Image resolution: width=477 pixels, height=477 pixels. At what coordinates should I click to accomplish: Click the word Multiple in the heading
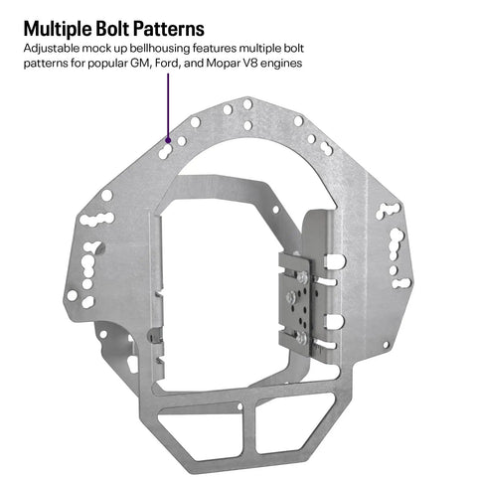click(x=58, y=29)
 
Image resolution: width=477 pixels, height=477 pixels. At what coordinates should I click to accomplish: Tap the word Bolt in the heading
click(x=112, y=28)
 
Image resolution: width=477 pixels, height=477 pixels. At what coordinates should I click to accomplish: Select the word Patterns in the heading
click(x=168, y=29)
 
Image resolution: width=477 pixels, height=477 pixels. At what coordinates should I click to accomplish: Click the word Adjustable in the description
click(x=52, y=49)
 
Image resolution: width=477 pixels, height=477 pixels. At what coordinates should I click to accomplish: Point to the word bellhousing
click(x=160, y=49)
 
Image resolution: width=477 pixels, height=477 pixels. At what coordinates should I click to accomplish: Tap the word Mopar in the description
click(x=221, y=64)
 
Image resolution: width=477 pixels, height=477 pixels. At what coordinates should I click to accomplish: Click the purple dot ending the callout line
click(x=168, y=140)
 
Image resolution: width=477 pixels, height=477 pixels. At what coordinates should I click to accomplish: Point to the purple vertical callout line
click(x=168, y=105)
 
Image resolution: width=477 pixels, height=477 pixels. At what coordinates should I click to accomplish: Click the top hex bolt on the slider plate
click(x=302, y=277)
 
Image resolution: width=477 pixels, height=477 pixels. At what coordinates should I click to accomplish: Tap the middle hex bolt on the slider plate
click(x=291, y=296)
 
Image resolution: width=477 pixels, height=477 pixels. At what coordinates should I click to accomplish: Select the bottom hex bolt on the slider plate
click(x=302, y=338)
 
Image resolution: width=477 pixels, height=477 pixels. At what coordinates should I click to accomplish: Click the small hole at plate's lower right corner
click(x=386, y=345)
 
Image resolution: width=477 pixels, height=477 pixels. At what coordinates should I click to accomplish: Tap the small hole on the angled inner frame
click(x=275, y=210)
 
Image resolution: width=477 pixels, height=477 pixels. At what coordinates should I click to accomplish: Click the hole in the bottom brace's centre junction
click(x=240, y=406)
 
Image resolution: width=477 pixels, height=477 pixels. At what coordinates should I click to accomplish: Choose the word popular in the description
click(x=108, y=64)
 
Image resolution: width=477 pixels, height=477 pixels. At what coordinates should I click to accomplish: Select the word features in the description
click(x=215, y=49)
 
